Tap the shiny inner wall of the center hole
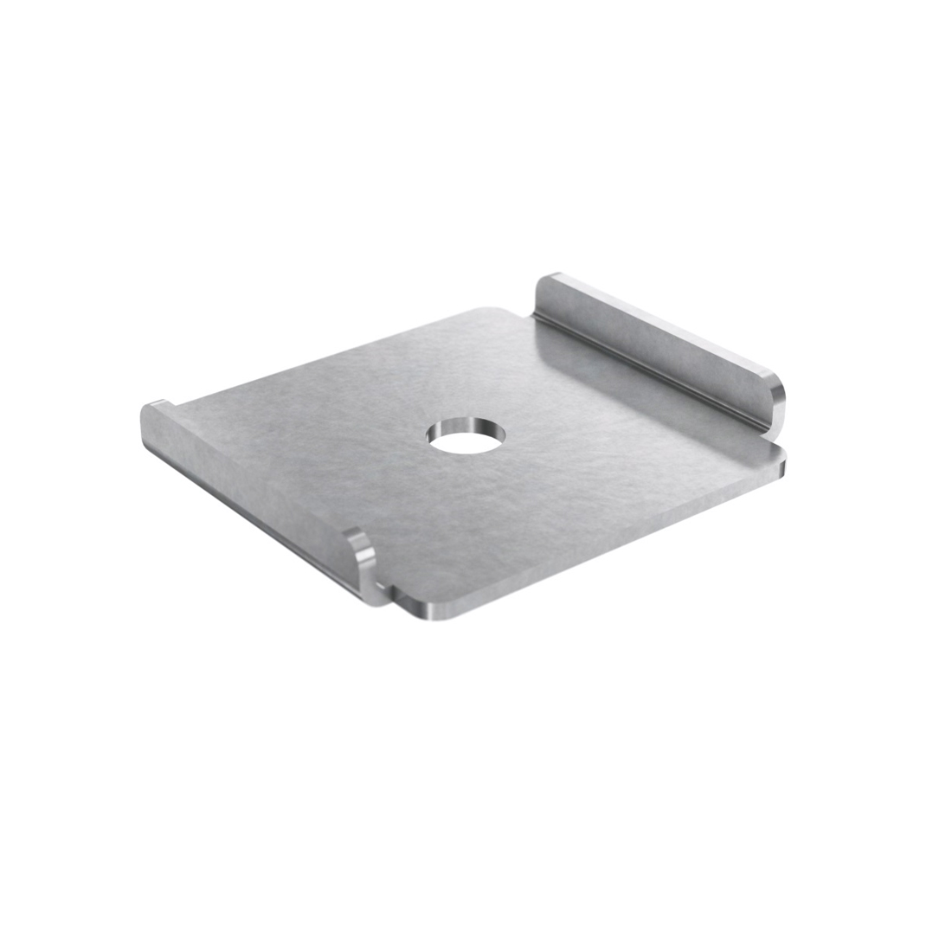click(467, 425)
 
